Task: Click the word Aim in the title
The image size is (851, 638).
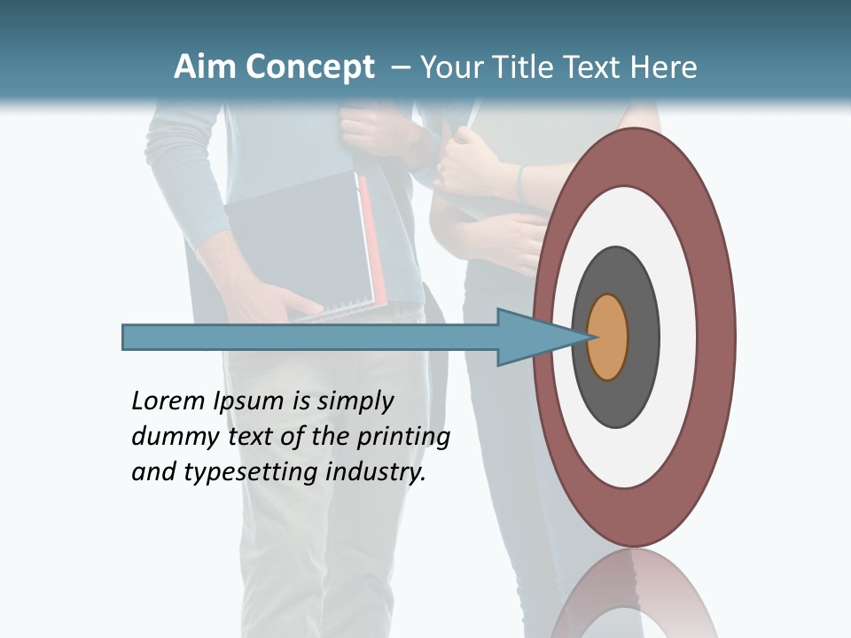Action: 204,67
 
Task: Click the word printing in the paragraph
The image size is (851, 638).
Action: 402,437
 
